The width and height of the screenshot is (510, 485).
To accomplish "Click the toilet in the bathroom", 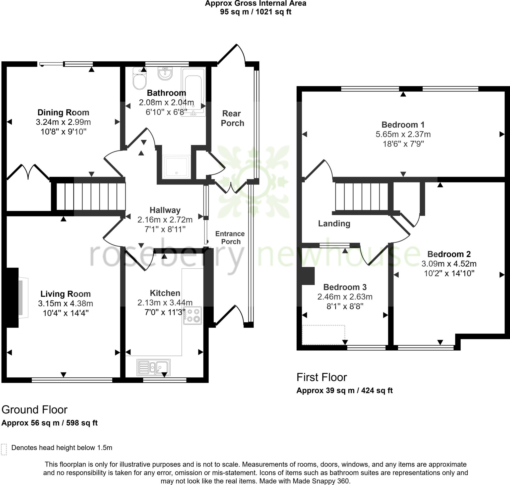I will click(x=139, y=79).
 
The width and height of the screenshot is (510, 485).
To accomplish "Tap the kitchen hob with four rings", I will click(x=192, y=316).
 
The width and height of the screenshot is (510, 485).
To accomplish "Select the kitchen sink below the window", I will click(x=153, y=367).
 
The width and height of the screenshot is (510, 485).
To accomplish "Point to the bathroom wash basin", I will click(x=165, y=74).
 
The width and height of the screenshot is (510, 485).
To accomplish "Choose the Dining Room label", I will click(x=63, y=112).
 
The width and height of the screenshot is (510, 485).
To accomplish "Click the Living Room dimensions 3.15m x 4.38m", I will click(x=66, y=304).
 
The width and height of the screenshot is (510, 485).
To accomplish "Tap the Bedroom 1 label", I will click(x=403, y=125).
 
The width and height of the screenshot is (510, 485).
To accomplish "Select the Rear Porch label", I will click(x=232, y=118).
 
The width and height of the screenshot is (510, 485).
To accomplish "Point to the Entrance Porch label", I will click(x=230, y=238).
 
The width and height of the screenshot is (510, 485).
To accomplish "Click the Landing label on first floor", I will click(x=334, y=223).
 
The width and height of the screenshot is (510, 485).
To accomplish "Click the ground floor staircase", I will click(x=90, y=196).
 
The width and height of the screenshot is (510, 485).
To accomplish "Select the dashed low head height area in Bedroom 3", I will click(x=323, y=335).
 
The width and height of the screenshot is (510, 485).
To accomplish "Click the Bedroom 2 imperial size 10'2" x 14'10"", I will click(x=449, y=273).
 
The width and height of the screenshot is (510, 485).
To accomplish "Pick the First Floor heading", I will click(x=322, y=377).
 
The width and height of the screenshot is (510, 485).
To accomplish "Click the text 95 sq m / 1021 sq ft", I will click(x=255, y=12).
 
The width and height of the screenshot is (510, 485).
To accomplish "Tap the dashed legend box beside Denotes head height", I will click(x=4, y=450).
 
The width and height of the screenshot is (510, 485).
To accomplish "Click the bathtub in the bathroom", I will click(x=193, y=92).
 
